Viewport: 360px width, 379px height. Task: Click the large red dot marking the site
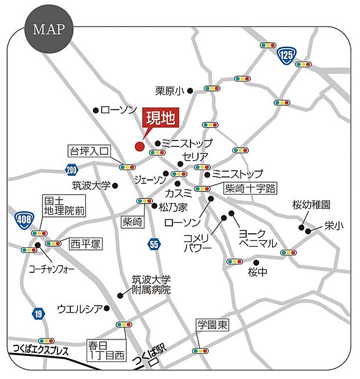[x=139, y=146]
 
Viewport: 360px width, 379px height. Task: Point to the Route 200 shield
[x=71, y=169]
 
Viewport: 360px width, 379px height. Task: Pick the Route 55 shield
[x=153, y=244]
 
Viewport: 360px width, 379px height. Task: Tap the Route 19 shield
[x=37, y=314]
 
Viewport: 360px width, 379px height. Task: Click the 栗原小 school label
[x=169, y=91]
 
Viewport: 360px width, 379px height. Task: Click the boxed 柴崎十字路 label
[x=251, y=188]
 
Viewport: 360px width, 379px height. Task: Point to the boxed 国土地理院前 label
[x=64, y=207]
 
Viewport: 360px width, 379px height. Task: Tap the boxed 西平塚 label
[x=85, y=243]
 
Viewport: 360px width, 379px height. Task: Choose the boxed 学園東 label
[x=213, y=325]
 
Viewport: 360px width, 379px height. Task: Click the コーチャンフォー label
[x=52, y=269]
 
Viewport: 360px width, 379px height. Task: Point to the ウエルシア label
[x=80, y=308]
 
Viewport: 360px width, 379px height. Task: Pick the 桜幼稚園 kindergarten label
[x=311, y=205]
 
